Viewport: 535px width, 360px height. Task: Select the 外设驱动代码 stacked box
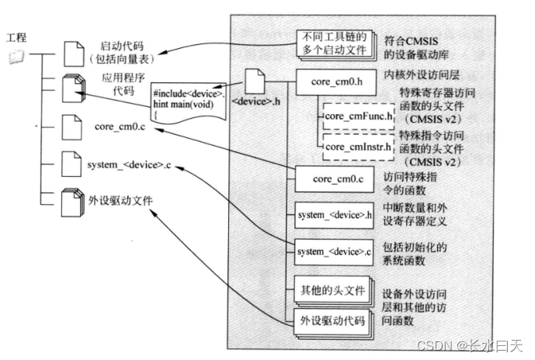(332, 320)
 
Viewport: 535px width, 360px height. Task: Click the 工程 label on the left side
(17, 37)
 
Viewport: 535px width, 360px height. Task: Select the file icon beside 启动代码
(71, 53)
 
